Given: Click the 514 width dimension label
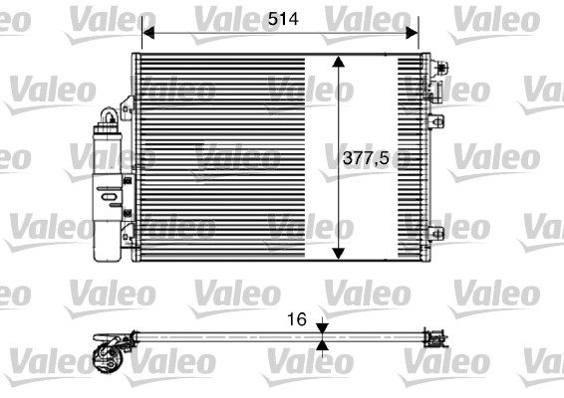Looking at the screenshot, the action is (283, 19).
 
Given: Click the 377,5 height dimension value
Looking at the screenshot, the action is (366, 158).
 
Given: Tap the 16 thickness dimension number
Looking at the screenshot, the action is (297, 319).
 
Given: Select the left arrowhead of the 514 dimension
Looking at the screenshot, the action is (148, 33).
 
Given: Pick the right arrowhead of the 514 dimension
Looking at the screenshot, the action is (412, 33).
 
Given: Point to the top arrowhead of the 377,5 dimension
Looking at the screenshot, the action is (338, 62).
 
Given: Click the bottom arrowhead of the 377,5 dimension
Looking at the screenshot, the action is (338, 254).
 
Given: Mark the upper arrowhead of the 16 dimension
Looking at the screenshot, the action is (322, 327).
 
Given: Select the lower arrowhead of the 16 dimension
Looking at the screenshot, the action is (322, 345).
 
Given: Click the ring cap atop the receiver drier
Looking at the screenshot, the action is (110, 116).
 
